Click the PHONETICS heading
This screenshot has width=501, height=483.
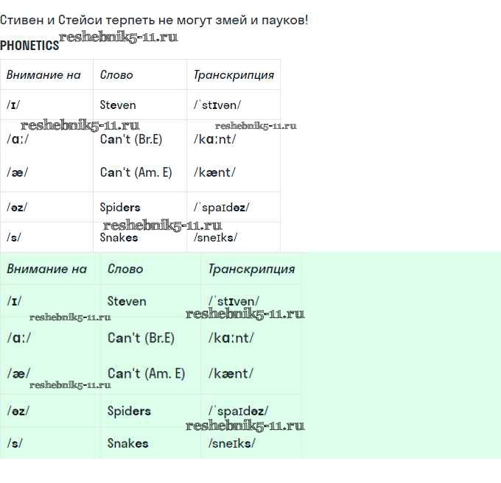[29, 46]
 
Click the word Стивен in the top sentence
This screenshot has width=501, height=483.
[21, 20]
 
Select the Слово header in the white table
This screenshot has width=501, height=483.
[116, 75]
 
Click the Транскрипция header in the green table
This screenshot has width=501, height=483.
[251, 269]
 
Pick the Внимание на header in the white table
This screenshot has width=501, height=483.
[43, 75]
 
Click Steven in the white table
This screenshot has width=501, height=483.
[118, 105]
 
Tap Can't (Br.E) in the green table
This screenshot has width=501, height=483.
[141, 338]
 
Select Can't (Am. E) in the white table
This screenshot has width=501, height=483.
[136, 172]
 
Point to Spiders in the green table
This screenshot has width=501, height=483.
[129, 411]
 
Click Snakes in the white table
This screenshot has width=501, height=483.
[119, 238]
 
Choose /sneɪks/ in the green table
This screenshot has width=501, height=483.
[231, 443]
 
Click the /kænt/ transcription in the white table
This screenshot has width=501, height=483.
[214, 172]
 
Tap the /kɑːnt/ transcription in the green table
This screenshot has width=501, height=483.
[231, 338]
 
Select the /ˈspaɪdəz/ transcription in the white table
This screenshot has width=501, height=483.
[221, 208]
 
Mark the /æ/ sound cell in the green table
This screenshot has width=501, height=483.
[18, 373]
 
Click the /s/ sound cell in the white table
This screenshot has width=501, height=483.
[13, 238]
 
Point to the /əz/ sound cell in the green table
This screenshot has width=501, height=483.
[18, 411]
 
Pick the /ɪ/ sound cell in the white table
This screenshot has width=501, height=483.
[13, 105]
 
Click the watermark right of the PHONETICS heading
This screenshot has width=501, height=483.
[119, 37]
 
